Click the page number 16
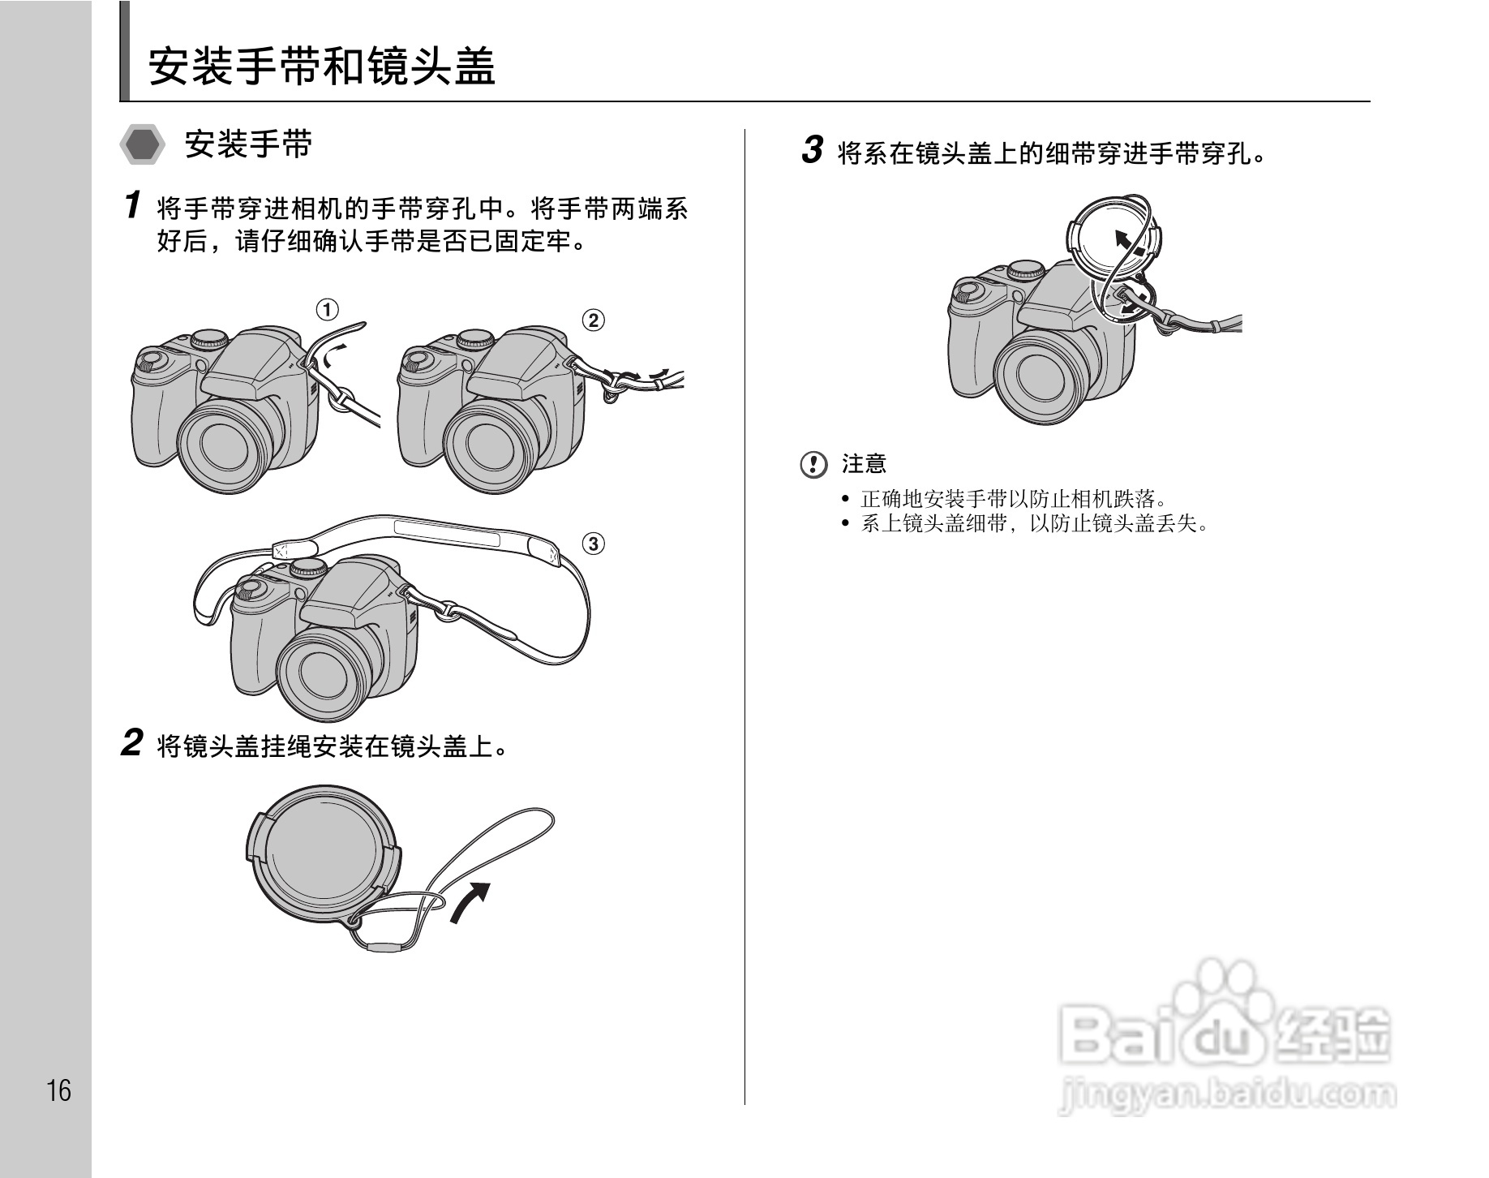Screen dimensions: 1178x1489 tap(58, 1090)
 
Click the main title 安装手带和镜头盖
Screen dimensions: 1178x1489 tap(322, 66)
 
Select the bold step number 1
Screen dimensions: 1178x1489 tap(133, 204)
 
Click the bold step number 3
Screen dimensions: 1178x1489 tap(812, 150)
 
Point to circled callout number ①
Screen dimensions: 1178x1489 tap(327, 309)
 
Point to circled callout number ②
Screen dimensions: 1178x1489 tap(593, 320)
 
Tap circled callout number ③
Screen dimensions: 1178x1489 tap(593, 543)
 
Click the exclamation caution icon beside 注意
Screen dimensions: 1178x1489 tap(813, 464)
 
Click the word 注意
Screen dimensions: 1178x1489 tap(864, 464)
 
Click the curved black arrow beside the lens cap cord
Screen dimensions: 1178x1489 tap(470, 901)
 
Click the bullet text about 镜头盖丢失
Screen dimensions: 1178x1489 tap(1034, 523)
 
